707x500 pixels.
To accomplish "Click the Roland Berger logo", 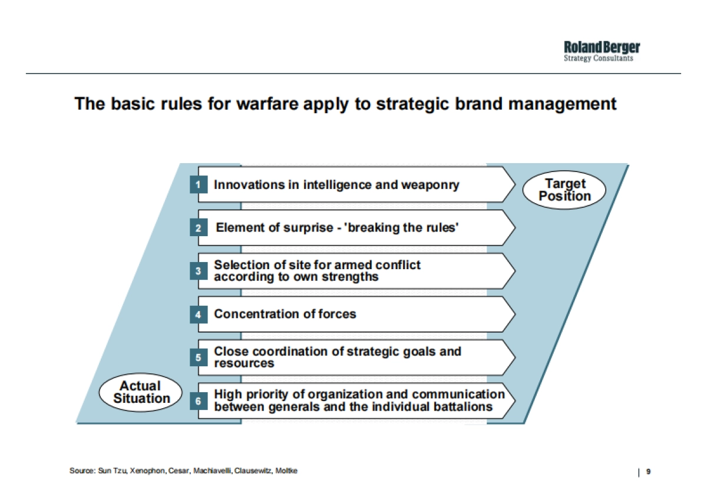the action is click(x=602, y=51).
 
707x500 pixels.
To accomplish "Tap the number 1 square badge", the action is click(x=199, y=184).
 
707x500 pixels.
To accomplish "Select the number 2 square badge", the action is click(x=199, y=227).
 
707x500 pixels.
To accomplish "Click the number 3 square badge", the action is click(x=199, y=271).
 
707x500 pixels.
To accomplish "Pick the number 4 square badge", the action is click(x=199, y=314).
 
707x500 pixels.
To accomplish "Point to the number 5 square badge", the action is click(x=199, y=357).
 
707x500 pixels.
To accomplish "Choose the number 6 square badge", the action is click(x=199, y=400).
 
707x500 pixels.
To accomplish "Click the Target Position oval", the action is click(x=564, y=190).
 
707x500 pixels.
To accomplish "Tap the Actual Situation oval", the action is click(x=141, y=392).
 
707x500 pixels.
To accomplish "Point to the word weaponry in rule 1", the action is click(x=430, y=185).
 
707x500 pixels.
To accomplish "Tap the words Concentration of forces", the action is click(x=285, y=314).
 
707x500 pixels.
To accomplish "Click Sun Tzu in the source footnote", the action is click(x=113, y=471).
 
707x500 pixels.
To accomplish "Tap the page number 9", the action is click(x=648, y=471).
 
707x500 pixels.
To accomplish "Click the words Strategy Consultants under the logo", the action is click(x=599, y=58).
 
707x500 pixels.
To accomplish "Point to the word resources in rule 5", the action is click(x=244, y=363).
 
